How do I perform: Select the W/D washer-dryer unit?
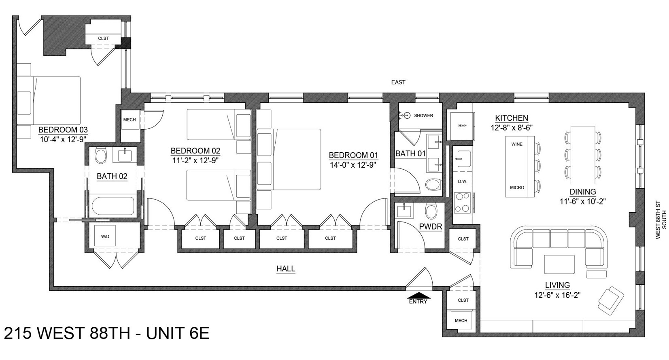(105, 236)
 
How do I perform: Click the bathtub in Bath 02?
(113, 206)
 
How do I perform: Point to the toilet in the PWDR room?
(431, 211)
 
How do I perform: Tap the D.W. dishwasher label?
(462, 181)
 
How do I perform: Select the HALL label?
(286, 268)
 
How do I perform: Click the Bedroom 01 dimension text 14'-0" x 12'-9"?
(353, 165)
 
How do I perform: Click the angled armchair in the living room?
(611, 300)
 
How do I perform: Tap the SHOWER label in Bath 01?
(423, 115)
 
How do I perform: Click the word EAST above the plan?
(398, 82)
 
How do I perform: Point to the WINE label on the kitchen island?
(517, 144)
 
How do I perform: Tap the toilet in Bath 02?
(101, 156)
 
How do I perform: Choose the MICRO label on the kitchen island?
(517, 187)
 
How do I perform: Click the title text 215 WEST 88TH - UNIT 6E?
(106, 333)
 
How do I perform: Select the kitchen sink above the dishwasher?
(462, 158)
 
